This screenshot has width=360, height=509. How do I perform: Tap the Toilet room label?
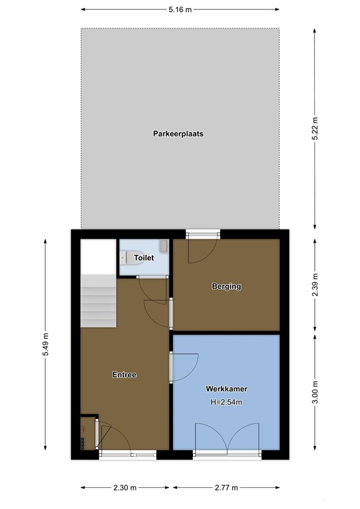point(144,257)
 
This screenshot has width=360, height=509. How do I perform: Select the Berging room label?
point(226,286)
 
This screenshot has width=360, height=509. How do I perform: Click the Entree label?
point(124,374)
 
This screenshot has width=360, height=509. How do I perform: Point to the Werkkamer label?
point(226,389)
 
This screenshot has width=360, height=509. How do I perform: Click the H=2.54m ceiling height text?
point(226,403)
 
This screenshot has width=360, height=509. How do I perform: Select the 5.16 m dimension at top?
point(180,9)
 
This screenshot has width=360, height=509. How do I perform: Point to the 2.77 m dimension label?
point(226,488)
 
